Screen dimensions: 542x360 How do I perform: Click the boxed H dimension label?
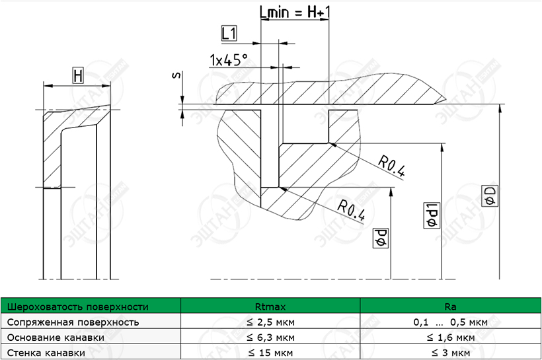(78, 76)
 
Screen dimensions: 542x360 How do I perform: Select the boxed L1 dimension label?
(229, 34)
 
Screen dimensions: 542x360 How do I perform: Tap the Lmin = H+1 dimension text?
(295, 13)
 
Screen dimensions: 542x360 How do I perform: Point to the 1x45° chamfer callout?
(229, 60)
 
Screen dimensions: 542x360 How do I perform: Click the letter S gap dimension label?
(176, 75)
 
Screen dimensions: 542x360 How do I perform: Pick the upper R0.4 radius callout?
(391, 166)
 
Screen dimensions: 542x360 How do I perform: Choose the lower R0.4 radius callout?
(351, 210)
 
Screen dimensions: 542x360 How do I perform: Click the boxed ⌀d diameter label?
(381, 238)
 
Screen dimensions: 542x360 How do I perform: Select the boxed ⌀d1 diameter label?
(432, 215)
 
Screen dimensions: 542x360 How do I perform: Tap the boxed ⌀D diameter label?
(490, 196)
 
